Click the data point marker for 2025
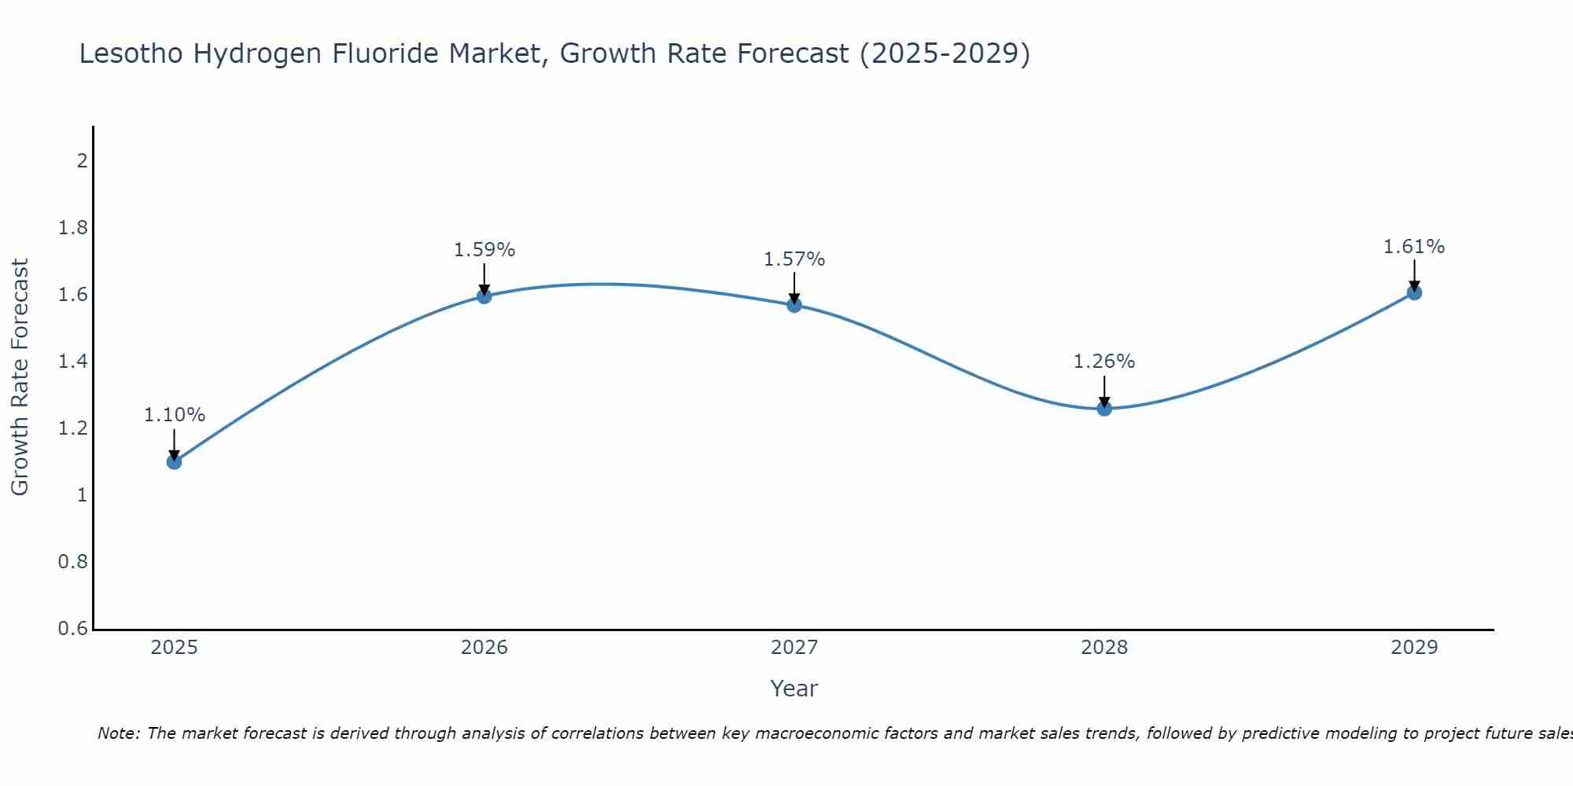(x=175, y=461)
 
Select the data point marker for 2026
(x=484, y=296)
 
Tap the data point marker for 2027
(x=794, y=305)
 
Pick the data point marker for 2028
(x=1104, y=409)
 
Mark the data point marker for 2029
(x=1414, y=293)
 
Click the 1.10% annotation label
(x=175, y=415)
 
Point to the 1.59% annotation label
(x=484, y=250)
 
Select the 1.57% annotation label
(x=794, y=259)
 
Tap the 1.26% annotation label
(x=1104, y=362)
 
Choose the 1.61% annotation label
(x=1414, y=247)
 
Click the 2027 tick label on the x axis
(x=794, y=648)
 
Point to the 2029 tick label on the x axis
(x=1414, y=648)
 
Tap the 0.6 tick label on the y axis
(x=73, y=629)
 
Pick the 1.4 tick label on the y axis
(x=73, y=362)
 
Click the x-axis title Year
(x=794, y=689)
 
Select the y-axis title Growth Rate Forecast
(x=20, y=377)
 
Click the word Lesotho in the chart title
(x=132, y=53)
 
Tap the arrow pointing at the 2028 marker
(x=1104, y=391)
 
